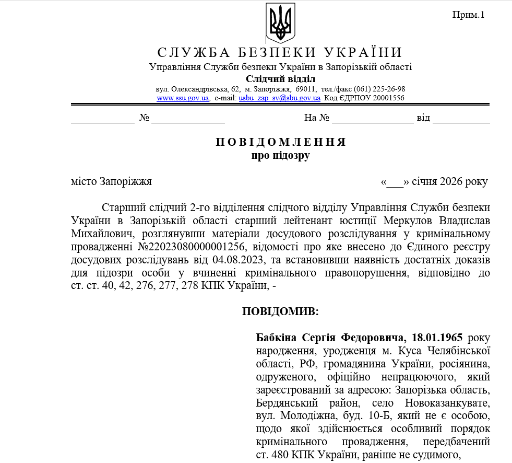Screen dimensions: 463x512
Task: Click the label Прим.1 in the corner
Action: pos(468,15)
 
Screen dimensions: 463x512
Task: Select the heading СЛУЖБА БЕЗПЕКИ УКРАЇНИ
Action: pos(280,52)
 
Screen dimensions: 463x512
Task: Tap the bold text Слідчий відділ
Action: pos(280,78)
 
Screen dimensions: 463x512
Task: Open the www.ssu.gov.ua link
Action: pos(183,97)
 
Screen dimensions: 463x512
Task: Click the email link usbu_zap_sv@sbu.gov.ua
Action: pos(279,97)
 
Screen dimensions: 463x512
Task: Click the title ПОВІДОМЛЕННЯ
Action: pos(280,143)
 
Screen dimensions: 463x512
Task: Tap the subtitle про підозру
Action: pos(280,155)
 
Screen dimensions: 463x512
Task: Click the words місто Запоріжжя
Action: pos(111,181)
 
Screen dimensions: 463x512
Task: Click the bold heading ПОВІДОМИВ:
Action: pos(280,311)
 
